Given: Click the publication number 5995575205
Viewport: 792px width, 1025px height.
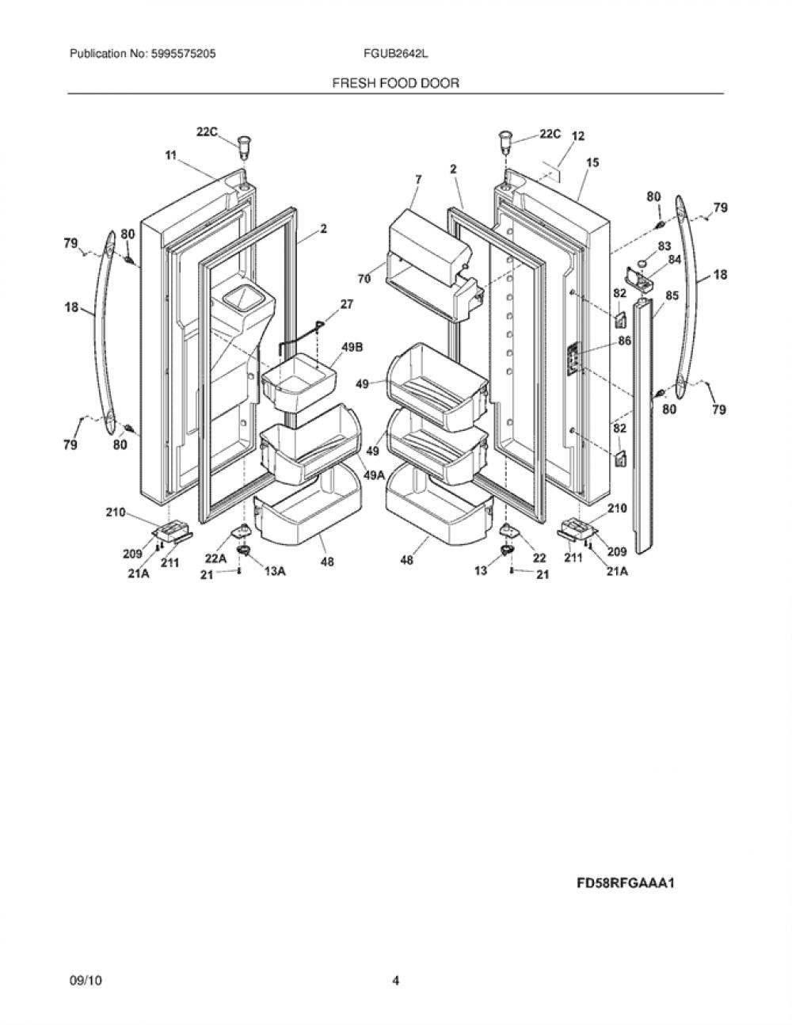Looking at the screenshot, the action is (184, 54).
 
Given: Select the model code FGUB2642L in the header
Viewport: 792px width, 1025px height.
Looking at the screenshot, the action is (396, 54).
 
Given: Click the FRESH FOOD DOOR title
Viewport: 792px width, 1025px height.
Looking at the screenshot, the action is (396, 83).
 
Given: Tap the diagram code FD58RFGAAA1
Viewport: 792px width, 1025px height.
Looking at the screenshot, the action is (626, 883).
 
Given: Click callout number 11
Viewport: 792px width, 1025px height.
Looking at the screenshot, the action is (170, 154).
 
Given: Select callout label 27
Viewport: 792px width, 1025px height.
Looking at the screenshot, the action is (347, 304).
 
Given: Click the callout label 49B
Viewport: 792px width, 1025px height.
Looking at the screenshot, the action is (352, 348).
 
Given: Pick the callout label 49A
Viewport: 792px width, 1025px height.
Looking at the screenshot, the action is (375, 475).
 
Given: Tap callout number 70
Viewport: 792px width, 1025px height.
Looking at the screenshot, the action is (364, 279).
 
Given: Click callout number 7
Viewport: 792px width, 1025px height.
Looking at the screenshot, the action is (418, 180).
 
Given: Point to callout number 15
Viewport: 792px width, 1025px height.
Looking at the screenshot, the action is (592, 162).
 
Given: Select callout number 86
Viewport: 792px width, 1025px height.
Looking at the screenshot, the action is (625, 340).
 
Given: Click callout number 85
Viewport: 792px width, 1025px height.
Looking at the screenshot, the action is (672, 295).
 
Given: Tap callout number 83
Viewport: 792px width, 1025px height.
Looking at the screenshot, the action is (664, 246).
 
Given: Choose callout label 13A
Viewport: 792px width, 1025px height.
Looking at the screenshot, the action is (276, 571).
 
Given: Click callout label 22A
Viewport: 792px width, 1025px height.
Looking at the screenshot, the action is (216, 558).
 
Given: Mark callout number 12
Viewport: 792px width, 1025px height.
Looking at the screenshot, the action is (578, 136).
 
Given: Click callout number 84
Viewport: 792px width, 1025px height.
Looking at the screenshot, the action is (675, 260).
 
